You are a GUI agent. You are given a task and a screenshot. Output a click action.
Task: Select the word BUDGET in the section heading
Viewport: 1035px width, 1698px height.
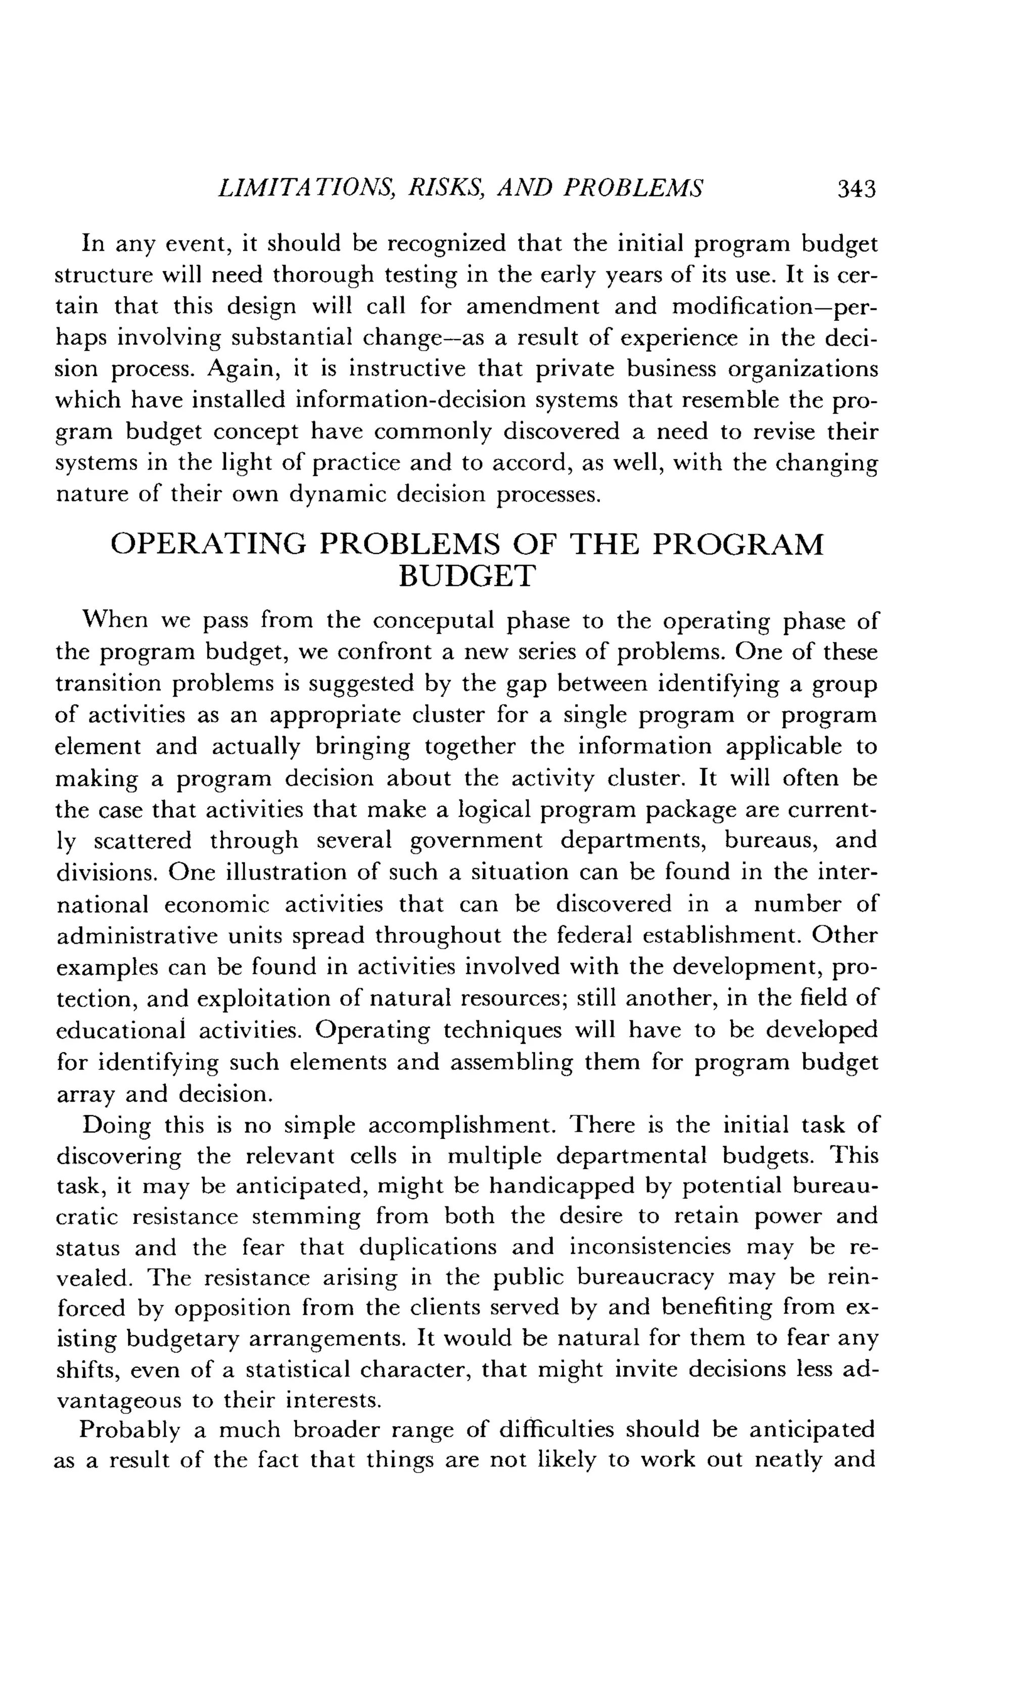click(466, 577)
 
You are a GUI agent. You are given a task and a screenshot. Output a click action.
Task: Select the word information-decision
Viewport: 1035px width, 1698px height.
click(340, 400)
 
